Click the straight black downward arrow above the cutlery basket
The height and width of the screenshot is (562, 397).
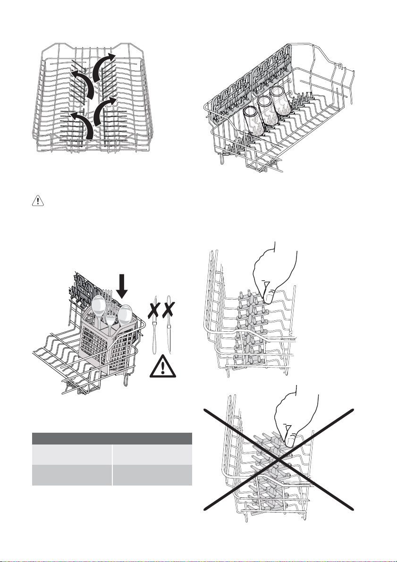click(x=122, y=286)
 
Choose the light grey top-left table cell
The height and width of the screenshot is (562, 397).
click(x=71, y=454)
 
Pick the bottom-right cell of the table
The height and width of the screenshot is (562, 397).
click(x=152, y=475)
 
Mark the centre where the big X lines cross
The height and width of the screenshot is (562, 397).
click(x=279, y=459)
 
